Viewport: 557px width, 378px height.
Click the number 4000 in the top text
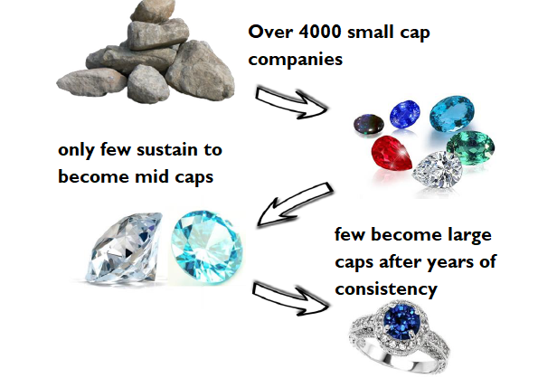coord(320,32)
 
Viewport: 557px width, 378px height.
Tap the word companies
coord(295,60)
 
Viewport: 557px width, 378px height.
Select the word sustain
coord(167,149)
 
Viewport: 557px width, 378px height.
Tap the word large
coord(469,235)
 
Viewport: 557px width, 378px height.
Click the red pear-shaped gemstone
coord(392,154)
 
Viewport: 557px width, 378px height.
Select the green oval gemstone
coord(470,147)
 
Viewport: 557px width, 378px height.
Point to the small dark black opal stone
coord(369,123)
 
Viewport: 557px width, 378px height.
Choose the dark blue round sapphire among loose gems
coord(404,114)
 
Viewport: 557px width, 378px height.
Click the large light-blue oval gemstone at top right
coord(452,113)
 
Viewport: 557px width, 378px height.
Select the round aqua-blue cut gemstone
coord(206,246)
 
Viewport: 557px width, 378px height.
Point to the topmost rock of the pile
coord(153,11)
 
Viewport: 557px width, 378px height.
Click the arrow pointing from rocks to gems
coord(290,101)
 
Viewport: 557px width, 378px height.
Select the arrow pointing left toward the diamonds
coord(294,204)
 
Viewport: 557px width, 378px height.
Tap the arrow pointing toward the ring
coord(290,297)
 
